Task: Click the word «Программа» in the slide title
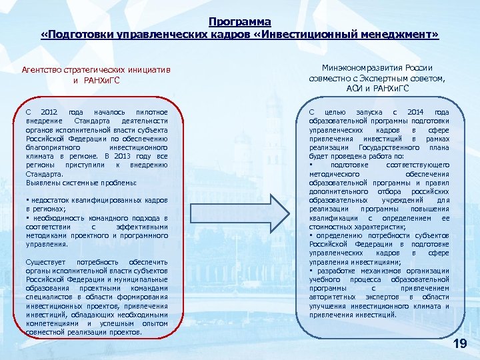240,22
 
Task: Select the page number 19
459,343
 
